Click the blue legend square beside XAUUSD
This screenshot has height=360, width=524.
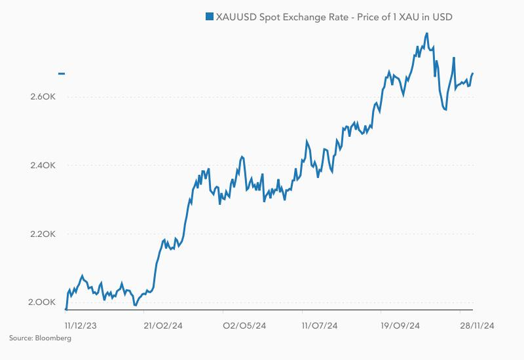(x=210, y=16)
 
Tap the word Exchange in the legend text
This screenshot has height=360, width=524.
(x=310, y=16)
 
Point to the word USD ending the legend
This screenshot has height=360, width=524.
(x=441, y=16)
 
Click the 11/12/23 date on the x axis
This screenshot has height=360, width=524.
(x=81, y=325)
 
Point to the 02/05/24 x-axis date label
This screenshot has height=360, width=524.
(x=244, y=325)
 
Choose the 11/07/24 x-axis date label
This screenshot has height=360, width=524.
(x=320, y=325)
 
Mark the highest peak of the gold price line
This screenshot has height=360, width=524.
(x=427, y=33)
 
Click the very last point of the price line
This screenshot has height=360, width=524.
(x=473, y=73)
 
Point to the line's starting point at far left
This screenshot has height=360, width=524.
(x=66, y=309)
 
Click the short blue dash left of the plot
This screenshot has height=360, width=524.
(x=62, y=73)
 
